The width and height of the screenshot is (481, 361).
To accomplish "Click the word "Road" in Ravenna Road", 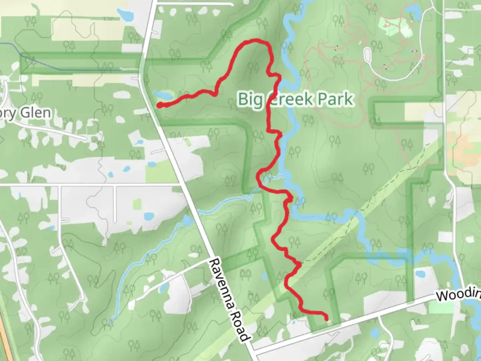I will tap(242, 324).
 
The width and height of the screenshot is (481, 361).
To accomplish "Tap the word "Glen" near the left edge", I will tap(36, 113).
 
